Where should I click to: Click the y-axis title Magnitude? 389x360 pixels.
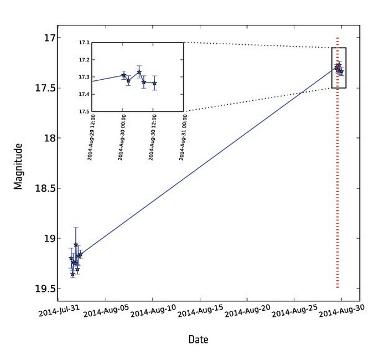click(19, 166)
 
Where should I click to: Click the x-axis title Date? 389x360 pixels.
click(198, 340)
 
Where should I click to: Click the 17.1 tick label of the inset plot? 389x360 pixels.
click(85, 43)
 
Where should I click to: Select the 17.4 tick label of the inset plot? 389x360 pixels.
click(85, 95)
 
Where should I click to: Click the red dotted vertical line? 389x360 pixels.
click(338, 222)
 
